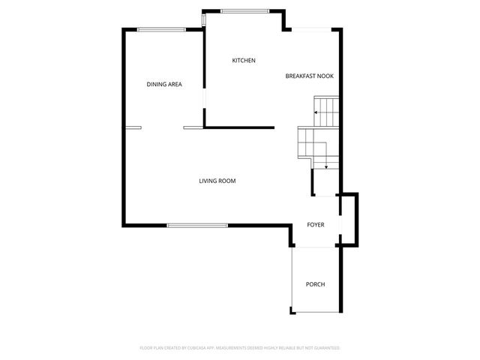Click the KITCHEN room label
pyautogui.click(x=244, y=61)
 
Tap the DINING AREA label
pyautogui.click(x=164, y=85)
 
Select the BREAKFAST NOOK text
pyautogui.click(x=309, y=76)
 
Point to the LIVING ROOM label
pyautogui.click(x=217, y=181)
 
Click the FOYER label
pyautogui.click(x=315, y=224)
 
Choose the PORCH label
pyautogui.click(x=315, y=284)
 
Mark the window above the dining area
pyautogui.click(x=162, y=30)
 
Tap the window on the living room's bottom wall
pyautogui.click(x=197, y=224)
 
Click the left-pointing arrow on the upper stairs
pyautogui.click(x=317, y=112)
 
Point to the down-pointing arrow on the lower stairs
pyautogui.click(x=325, y=166)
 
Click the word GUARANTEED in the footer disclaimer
pyautogui.click(x=326, y=348)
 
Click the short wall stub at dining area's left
pyautogui.click(x=133, y=127)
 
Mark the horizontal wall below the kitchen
pyautogui.click(x=240, y=127)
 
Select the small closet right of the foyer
pyautogui.click(x=349, y=218)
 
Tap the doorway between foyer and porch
pyautogui.click(x=315, y=246)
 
